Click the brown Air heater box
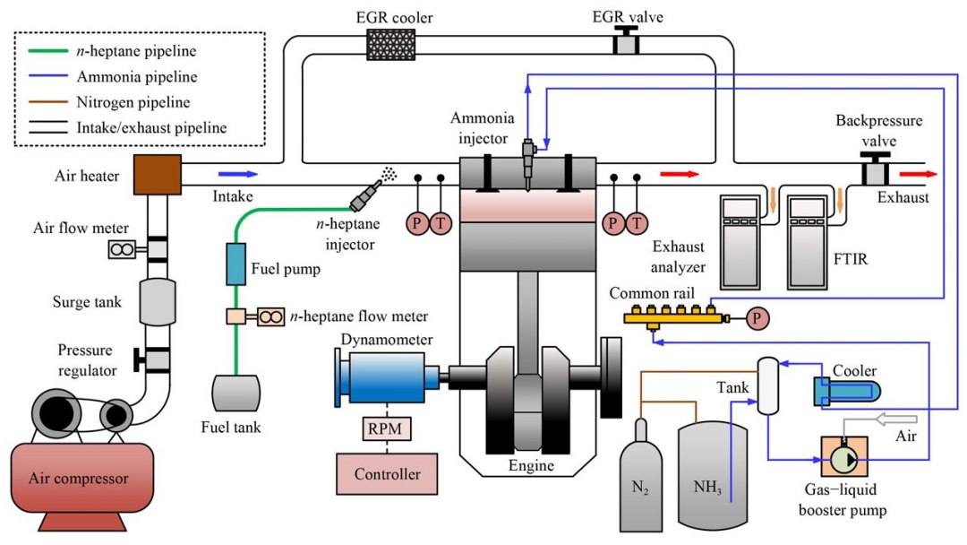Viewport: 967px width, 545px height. [158, 175]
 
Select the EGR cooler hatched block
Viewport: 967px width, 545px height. [391, 45]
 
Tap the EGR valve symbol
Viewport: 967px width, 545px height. [626, 40]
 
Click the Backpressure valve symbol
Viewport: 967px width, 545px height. [875, 168]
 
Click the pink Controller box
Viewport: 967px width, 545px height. [388, 474]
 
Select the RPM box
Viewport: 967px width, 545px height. [386, 428]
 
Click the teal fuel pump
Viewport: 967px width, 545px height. [235, 264]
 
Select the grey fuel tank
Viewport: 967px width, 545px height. [236, 394]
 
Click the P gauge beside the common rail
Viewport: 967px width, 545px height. [757, 318]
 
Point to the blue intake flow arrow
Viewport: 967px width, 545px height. [237, 174]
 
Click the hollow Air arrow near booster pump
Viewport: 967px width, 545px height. [896, 420]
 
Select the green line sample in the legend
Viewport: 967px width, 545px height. [48, 50]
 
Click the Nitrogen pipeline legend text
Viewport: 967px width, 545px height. [133, 102]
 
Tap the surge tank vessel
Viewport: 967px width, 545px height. [158, 302]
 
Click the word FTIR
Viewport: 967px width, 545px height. [851, 259]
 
